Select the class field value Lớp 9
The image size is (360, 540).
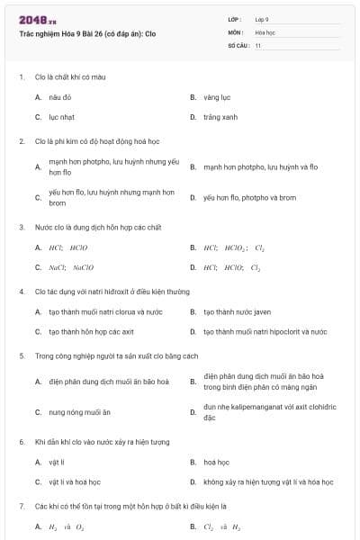tap(262, 19)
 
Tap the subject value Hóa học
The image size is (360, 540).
tap(265, 32)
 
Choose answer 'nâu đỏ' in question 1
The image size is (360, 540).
tap(60, 96)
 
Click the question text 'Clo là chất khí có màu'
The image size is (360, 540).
tap(72, 76)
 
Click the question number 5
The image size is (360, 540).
tap(22, 355)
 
